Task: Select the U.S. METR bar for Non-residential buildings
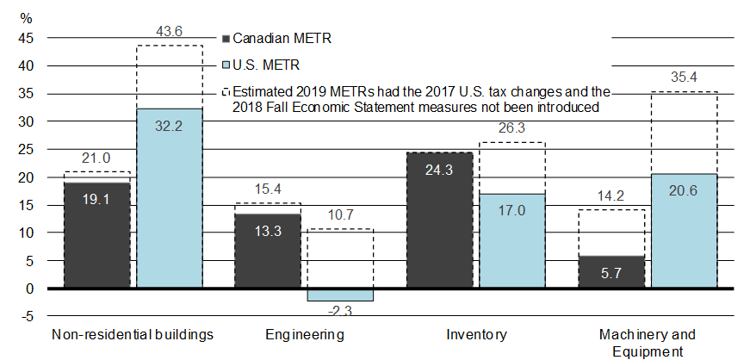170,198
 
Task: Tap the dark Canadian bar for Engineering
269,251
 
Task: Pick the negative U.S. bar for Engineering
341,295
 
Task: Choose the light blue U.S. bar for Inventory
512,241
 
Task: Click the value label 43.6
169,30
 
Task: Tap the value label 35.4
684,76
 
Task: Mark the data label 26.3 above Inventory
512,127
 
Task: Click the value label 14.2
611,194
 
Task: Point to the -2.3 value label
341,310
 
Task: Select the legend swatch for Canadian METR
226,39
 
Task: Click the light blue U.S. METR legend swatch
226,65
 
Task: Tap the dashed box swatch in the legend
226,90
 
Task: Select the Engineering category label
305,334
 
